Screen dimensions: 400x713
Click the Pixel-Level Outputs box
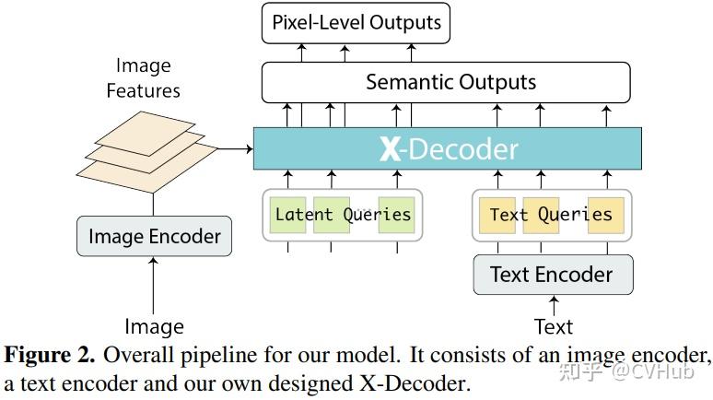356,23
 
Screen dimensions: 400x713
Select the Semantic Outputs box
450,82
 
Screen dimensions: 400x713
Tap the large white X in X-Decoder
390,149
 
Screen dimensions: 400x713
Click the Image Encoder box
154,237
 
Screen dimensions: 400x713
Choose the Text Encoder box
553,275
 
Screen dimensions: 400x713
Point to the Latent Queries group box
343,215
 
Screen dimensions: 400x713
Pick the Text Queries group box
552,215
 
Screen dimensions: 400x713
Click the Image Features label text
143,77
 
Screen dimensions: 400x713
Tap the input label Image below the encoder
154,326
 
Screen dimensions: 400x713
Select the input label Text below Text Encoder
553,326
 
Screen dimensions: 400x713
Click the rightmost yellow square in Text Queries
606,214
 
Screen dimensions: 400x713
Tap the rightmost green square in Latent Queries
396,214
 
